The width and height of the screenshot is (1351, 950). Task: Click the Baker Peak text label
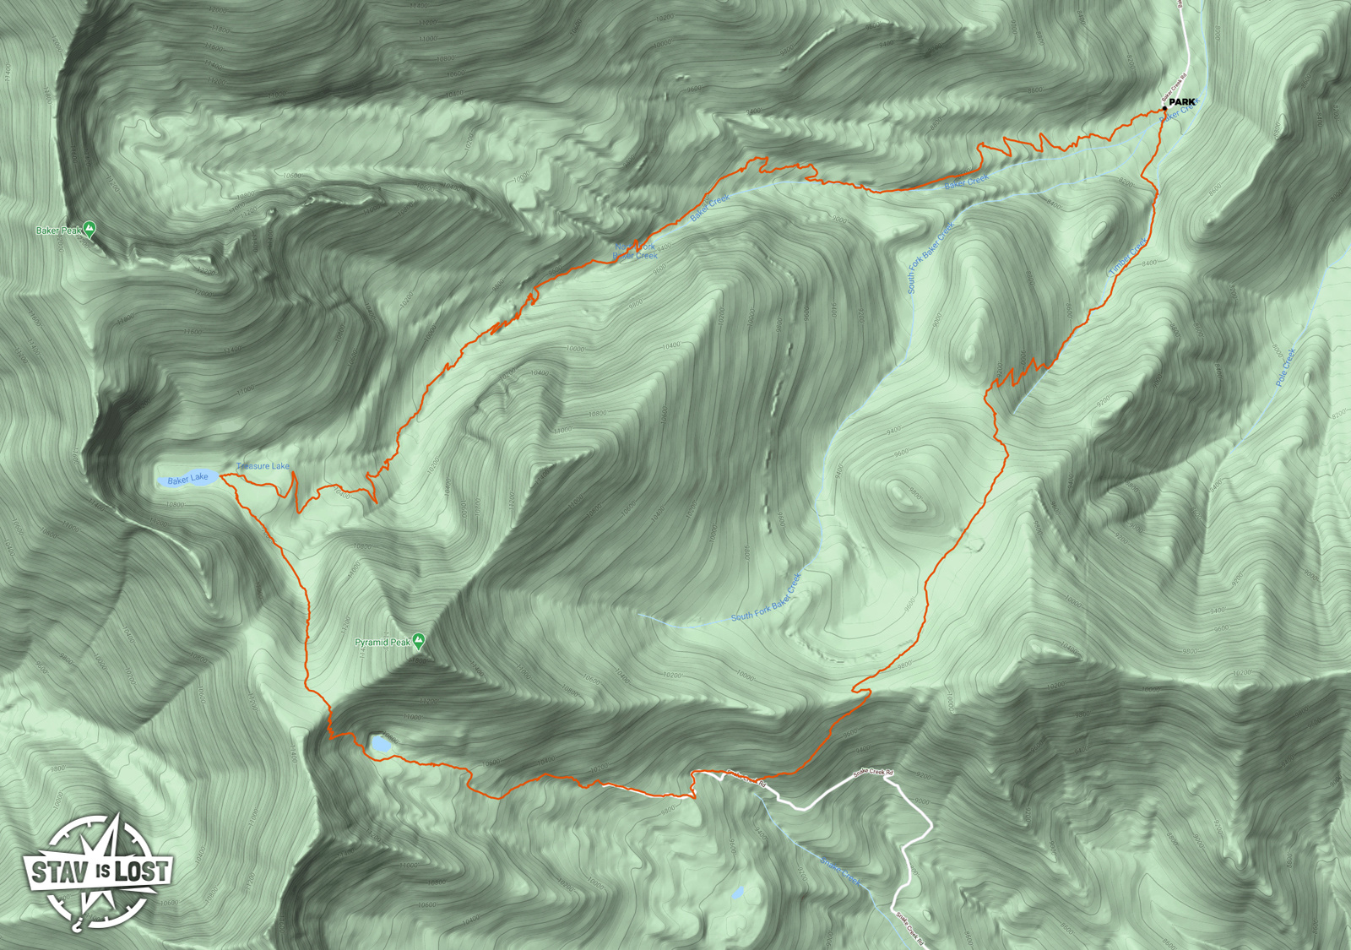[x=58, y=231]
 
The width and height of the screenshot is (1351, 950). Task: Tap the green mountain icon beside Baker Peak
[x=90, y=228]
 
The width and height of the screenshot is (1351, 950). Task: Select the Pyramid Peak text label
[x=383, y=643]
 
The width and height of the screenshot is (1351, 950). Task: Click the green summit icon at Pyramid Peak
[x=419, y=641]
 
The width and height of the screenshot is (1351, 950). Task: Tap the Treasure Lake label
[x=263, y=466]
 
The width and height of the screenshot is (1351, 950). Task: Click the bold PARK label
[x=1182, y=102]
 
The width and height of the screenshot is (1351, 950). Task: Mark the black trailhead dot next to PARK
[x=1165, y=108]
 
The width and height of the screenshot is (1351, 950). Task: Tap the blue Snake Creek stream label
[x=841, y=871]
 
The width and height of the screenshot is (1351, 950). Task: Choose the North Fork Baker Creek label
[x=635, y=251]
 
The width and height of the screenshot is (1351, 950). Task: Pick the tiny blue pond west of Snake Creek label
[x=738, y=893]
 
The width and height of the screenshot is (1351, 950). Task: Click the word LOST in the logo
[x=142, y=871]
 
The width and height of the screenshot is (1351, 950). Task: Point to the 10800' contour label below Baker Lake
[x=176, y=504]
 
